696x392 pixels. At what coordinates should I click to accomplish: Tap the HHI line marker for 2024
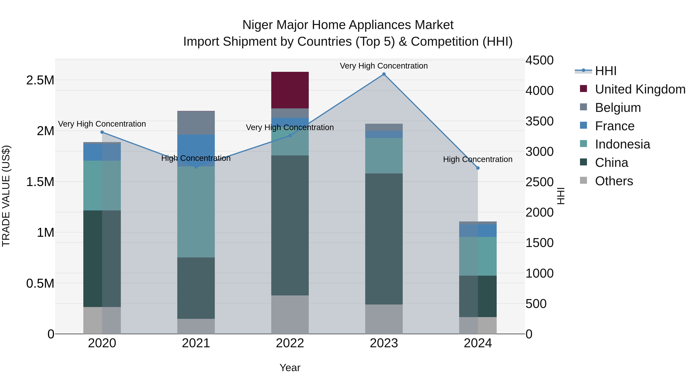coord(478,168)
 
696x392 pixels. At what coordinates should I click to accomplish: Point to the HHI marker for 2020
coord(102,132)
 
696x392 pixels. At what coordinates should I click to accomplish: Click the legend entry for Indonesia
coord(622,144)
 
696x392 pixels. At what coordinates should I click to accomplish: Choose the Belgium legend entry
coord(618,107)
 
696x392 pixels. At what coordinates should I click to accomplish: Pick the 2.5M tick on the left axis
coord(40,80)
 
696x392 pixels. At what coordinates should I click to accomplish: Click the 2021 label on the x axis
coord(196,343)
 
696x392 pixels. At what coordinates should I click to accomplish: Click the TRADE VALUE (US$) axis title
coord(6,196)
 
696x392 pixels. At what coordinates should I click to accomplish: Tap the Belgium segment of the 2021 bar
coord(196,123)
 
